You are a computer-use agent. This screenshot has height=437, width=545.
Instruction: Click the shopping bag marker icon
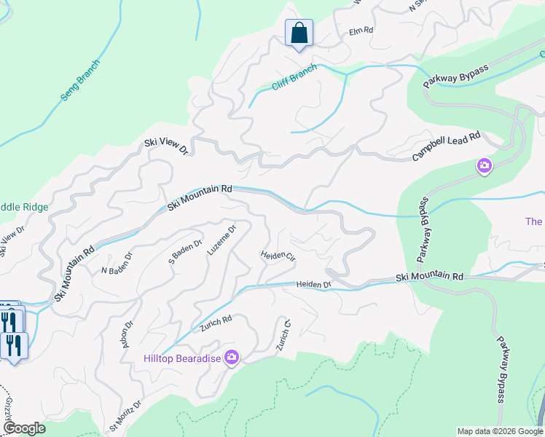point(299,34)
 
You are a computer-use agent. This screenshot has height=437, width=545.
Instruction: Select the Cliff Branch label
point(294,77)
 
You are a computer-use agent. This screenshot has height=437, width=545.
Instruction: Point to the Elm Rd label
point(361,31)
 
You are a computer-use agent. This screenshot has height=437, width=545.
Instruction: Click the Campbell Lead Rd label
point(447,147)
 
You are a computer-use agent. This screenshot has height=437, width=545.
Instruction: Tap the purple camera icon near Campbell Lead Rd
point(485,167)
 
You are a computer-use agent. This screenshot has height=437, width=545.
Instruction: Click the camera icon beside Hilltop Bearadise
point(232,357)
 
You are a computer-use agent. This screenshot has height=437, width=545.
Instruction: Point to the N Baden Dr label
point(117,263)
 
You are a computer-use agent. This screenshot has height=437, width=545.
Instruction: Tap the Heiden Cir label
point(278,256)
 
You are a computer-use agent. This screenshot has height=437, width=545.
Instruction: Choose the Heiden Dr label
point(313,284)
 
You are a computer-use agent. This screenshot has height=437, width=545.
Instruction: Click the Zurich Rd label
point(217,324)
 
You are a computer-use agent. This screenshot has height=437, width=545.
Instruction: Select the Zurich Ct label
point(283,335)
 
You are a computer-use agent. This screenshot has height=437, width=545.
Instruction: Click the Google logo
point(24,428)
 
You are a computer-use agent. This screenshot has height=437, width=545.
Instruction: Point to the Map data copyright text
point(499,431)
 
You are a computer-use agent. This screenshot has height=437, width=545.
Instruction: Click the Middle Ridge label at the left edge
point(24,207)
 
